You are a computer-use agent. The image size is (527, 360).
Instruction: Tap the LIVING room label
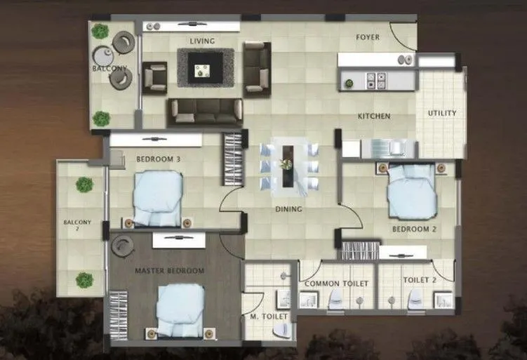(202, 41)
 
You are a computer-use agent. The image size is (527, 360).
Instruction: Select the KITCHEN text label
(374, 116)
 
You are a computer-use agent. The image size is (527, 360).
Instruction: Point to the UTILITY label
(442, 114)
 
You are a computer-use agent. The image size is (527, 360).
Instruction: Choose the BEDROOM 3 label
(159, 159)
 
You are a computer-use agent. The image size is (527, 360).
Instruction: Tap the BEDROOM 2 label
(411, 229)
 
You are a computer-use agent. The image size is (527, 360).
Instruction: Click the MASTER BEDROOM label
(169, 271)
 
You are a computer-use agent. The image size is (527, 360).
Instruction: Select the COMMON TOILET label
(336, 284)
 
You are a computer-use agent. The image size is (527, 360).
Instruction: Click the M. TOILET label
(269, 317)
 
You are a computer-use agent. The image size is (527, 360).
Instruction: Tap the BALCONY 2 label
(77, 226)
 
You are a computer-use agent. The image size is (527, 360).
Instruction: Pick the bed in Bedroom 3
(158, 196)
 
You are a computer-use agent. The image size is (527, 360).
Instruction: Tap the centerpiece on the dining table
(286, 164)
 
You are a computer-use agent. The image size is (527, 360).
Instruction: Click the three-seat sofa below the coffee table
(204, 109)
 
